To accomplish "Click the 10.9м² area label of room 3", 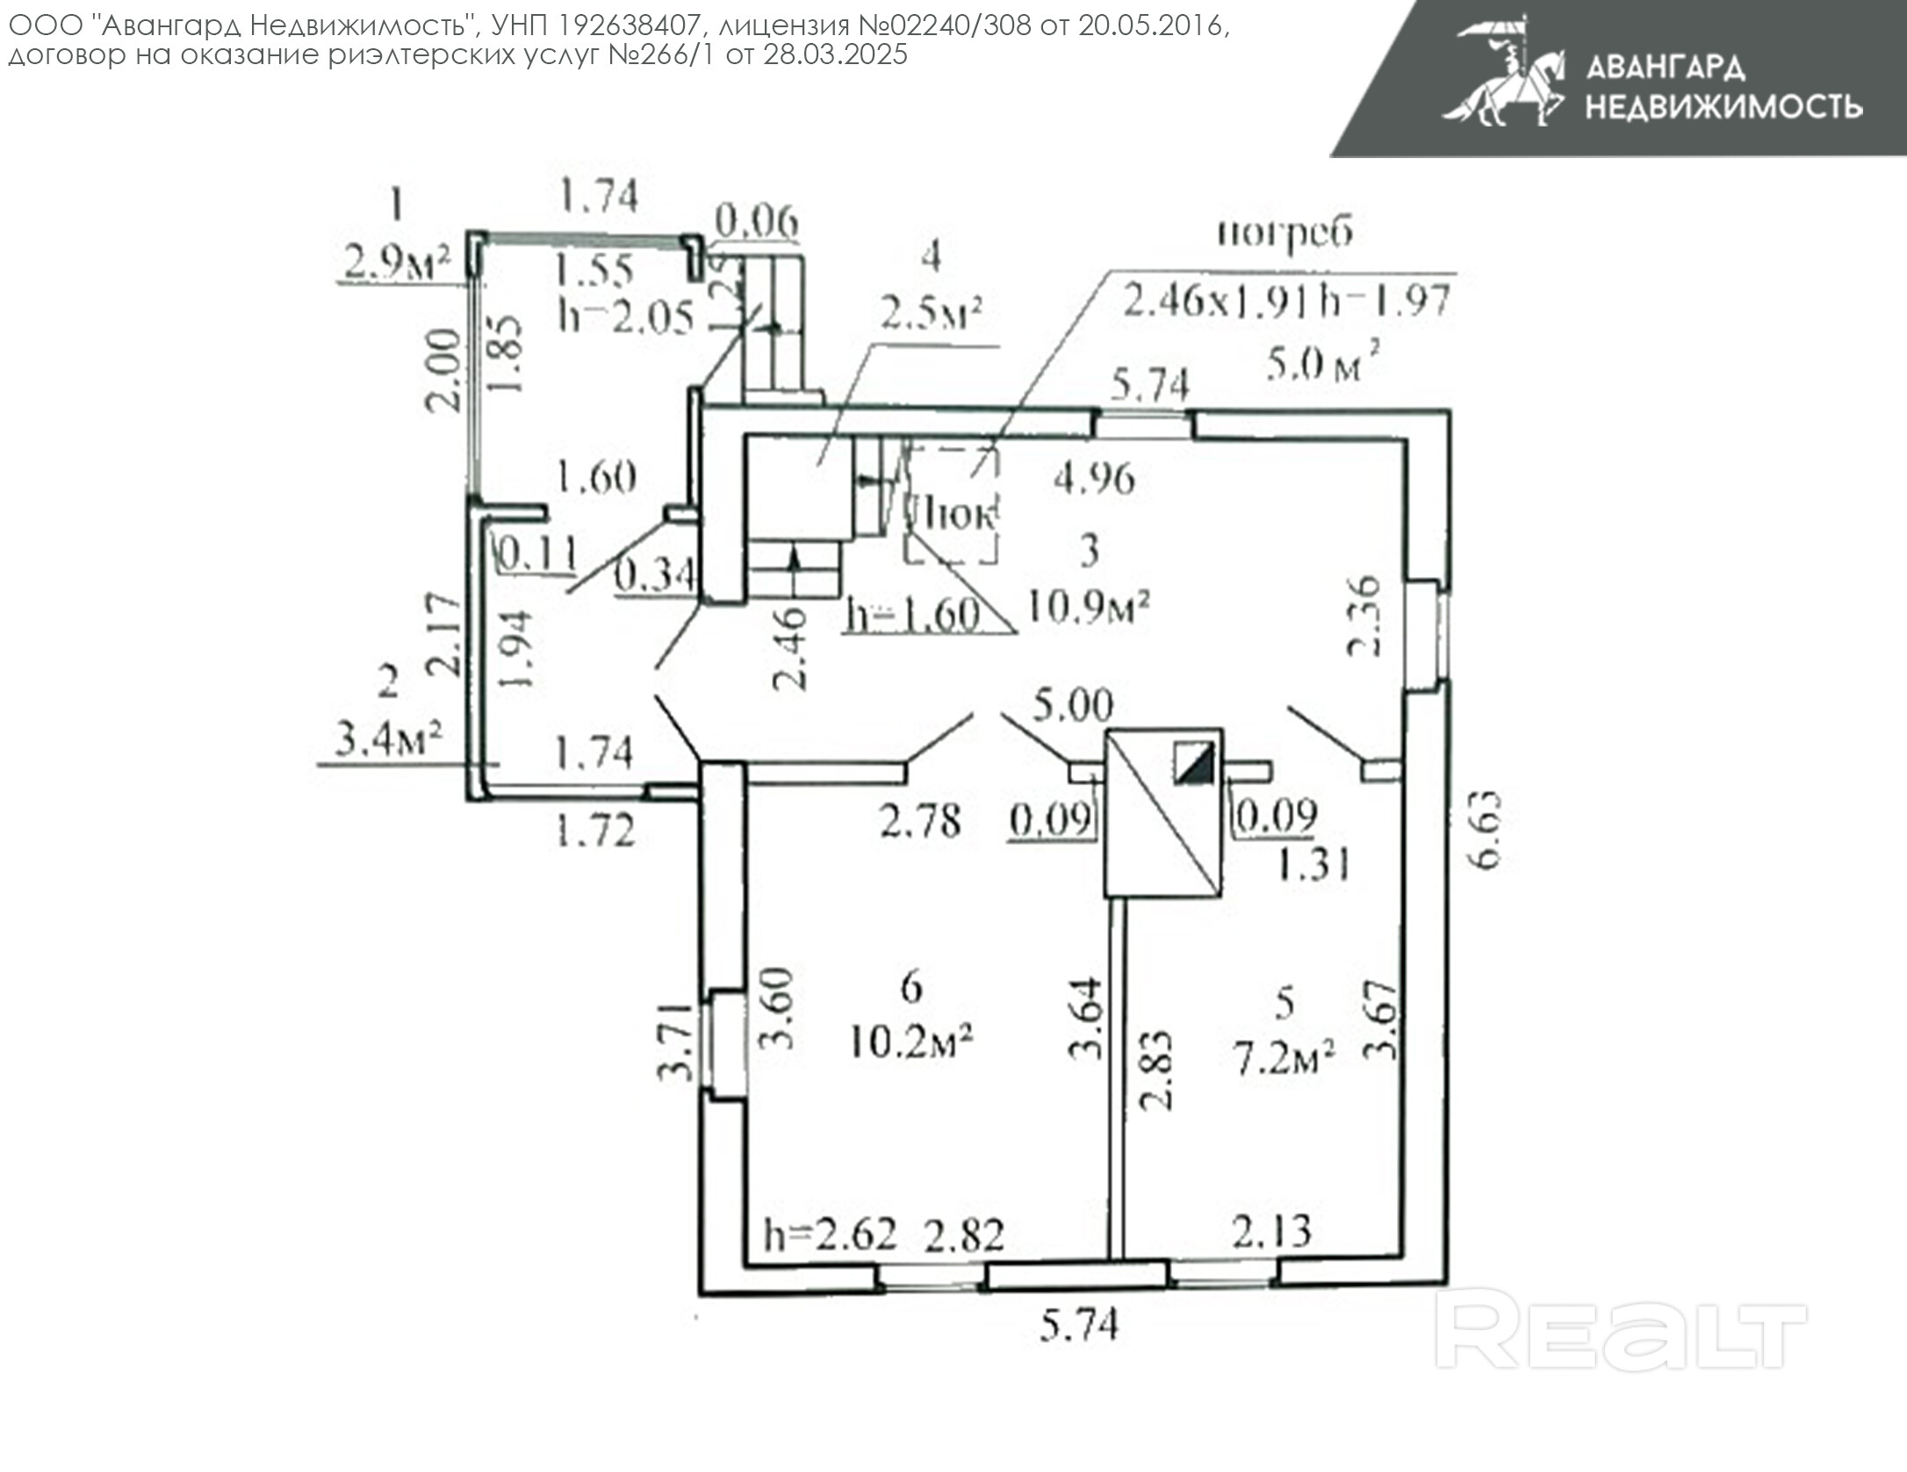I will (x=1089, y=607).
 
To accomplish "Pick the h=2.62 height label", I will (x=831, y=1234).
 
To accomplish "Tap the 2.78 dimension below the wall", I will (x=920, y=822).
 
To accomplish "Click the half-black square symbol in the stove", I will (x=1195, y=762).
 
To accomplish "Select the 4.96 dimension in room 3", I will (x=1094, y=479).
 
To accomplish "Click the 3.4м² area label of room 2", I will (x=387, y=742).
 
